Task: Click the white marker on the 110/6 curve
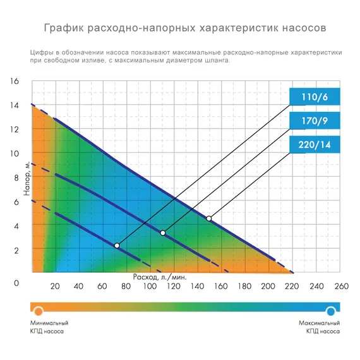coord(117,245)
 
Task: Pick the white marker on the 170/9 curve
coord(162,233)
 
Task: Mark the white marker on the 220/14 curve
coord(209,219)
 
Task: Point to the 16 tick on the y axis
coord(16,81)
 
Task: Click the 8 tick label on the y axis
coord(18,178)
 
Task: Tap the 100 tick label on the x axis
coord(150,286)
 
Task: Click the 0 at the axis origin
coord(17,284)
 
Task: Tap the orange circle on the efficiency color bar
coord(38,310)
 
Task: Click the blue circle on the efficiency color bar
coord(331,310)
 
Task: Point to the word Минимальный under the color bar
coord(49,323)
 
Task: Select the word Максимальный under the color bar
coord(320,323)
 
